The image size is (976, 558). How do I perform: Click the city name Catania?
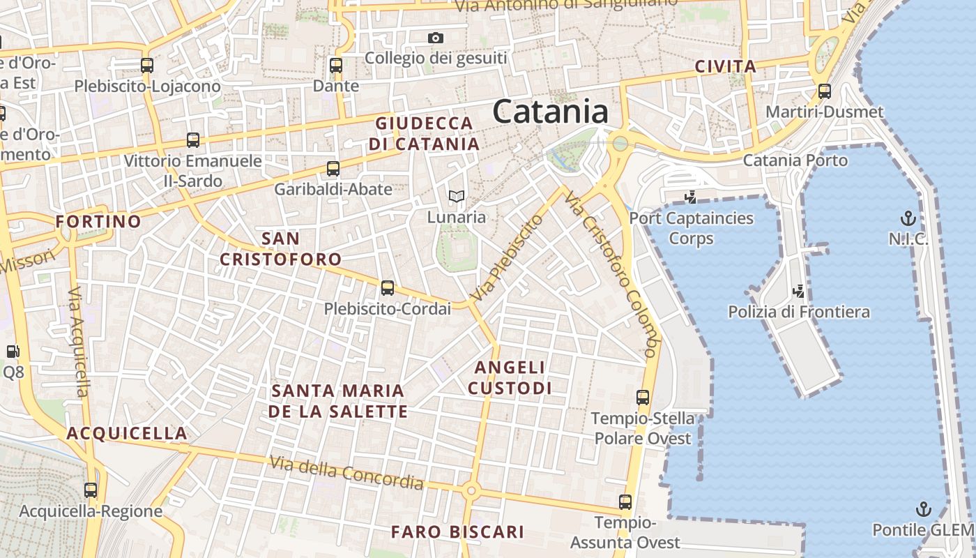(551, 112)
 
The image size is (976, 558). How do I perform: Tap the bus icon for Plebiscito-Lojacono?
(147, 66)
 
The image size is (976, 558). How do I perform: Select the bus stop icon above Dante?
(336, 66)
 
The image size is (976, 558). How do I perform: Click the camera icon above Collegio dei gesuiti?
(436, 38)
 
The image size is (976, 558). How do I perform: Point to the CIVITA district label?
(725, 67)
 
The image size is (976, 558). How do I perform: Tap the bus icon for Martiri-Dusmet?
(825, 91)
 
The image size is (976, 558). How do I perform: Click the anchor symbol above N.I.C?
(908, 218)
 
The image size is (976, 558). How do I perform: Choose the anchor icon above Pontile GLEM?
(924, 508)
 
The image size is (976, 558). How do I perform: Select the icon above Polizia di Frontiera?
(799, 291)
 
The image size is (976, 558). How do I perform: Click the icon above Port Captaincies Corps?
(691, 197)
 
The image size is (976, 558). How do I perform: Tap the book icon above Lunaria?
(457, 197)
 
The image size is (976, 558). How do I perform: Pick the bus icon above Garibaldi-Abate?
(333, 168)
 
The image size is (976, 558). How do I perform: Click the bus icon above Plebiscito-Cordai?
(388, 287)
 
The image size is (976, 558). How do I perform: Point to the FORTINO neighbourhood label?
(98, 222)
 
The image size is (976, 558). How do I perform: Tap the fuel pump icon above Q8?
(13, 352)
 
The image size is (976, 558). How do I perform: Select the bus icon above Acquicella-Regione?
(91, 490)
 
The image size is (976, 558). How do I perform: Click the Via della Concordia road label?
(346, 472)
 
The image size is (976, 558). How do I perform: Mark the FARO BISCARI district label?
(457, 532)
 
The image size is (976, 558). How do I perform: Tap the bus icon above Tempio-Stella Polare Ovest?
(643, 398)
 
